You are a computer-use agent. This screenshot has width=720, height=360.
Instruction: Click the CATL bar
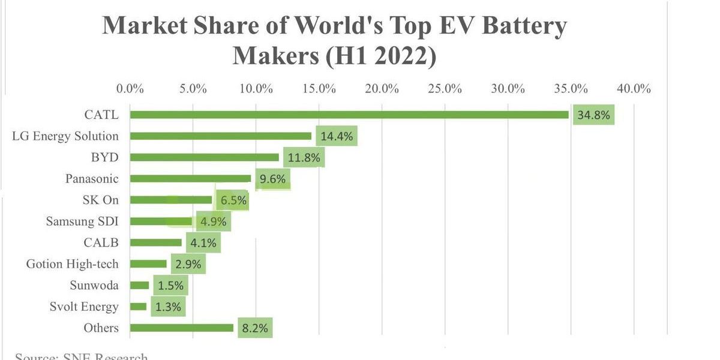[349, 115]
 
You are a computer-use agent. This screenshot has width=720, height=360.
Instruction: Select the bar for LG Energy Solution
[221, 136]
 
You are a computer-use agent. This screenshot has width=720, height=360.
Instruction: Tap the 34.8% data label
[593, 115]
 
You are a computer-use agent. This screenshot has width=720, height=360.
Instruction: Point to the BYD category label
[106, 157]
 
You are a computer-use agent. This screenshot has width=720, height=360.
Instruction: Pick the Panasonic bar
[191, 178]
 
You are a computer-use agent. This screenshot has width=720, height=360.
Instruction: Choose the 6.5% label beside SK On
[230, 200]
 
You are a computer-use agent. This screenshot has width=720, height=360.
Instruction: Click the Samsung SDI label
[82, 221]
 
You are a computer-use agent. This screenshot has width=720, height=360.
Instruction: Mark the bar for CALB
[156, 242]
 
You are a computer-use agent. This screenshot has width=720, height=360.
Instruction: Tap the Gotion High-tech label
[73, 264]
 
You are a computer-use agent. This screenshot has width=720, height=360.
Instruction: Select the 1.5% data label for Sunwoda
[170, 286]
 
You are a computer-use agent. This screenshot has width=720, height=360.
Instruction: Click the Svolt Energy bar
[139, 307]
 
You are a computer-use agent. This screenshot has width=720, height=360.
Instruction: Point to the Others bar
[182, 328]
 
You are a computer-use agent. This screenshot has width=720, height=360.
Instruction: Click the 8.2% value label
[255, 328]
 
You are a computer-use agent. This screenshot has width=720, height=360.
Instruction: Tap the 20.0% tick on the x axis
[382, 89]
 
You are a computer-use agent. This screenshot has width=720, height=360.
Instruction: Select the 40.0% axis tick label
[634, 89]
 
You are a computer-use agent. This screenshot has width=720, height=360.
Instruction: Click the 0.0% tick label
[130, 89]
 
